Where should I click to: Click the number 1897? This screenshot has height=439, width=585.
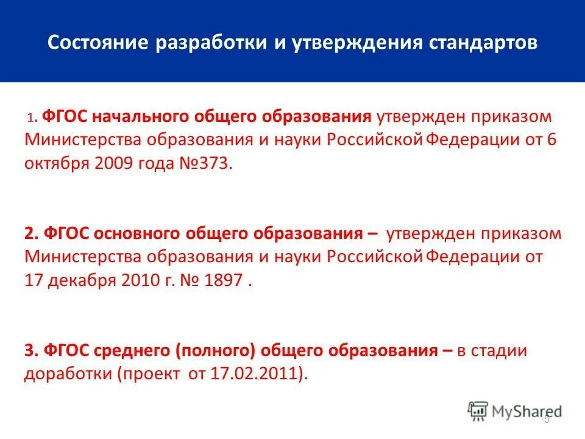(x=222, y=280)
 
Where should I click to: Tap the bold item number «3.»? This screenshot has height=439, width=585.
(x=32, y=351)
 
